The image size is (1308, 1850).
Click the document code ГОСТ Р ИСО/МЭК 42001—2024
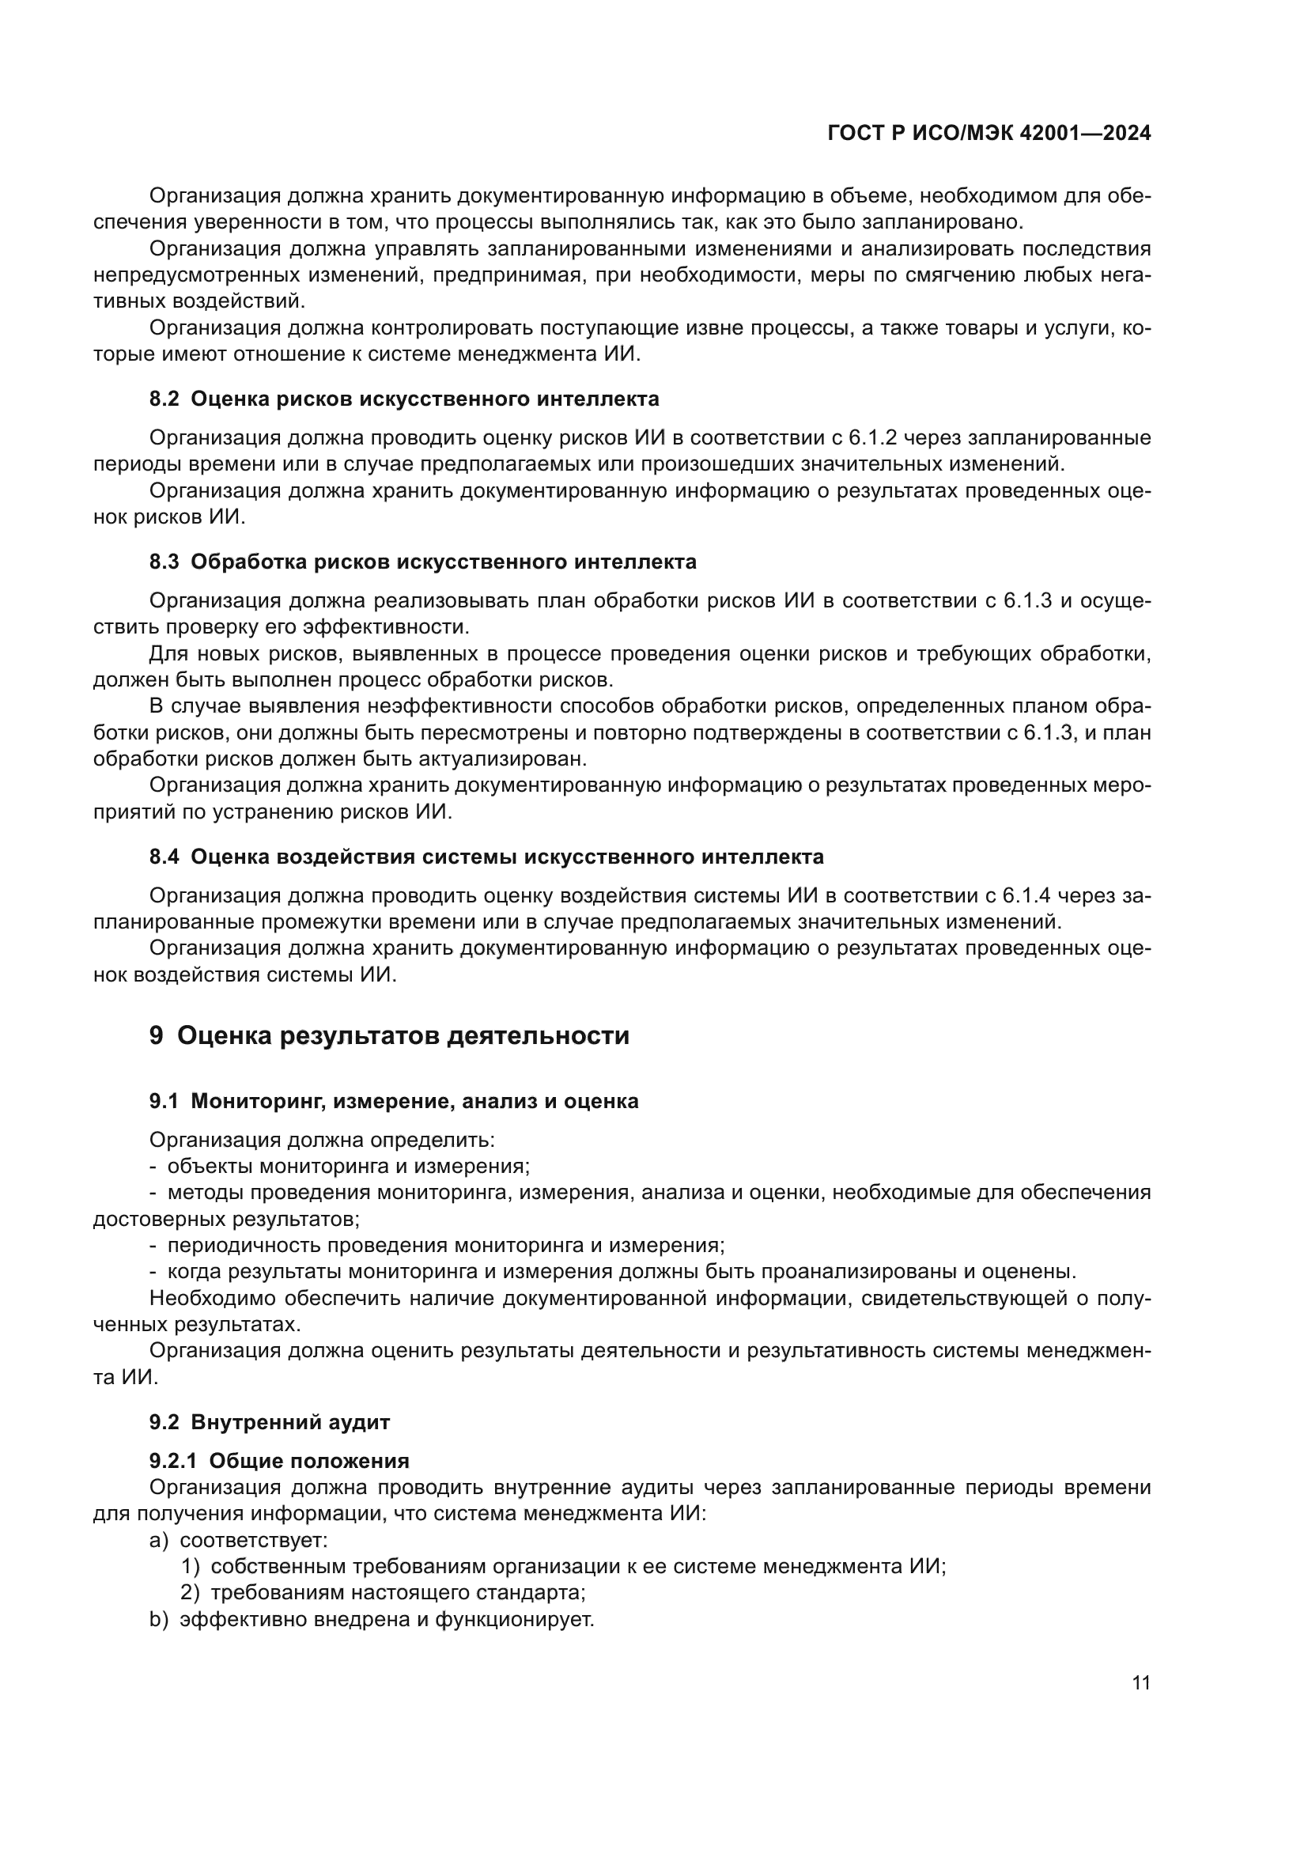(x=989, y=134)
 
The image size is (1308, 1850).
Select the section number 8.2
(x=164, y=399)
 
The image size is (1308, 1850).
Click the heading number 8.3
(x=164, y=562)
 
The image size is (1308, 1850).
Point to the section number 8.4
(x=164, y=857)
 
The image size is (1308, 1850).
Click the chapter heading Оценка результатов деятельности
(x=403, y=1035)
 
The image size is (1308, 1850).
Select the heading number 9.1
(x=164, y=1101)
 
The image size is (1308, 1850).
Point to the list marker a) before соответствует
(x=159, y=1540)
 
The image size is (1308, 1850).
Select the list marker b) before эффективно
(x=159, y=1619)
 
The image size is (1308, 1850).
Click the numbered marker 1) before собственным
(x=190, y=1566)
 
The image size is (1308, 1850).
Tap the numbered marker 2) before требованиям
(x=190, y=1592)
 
